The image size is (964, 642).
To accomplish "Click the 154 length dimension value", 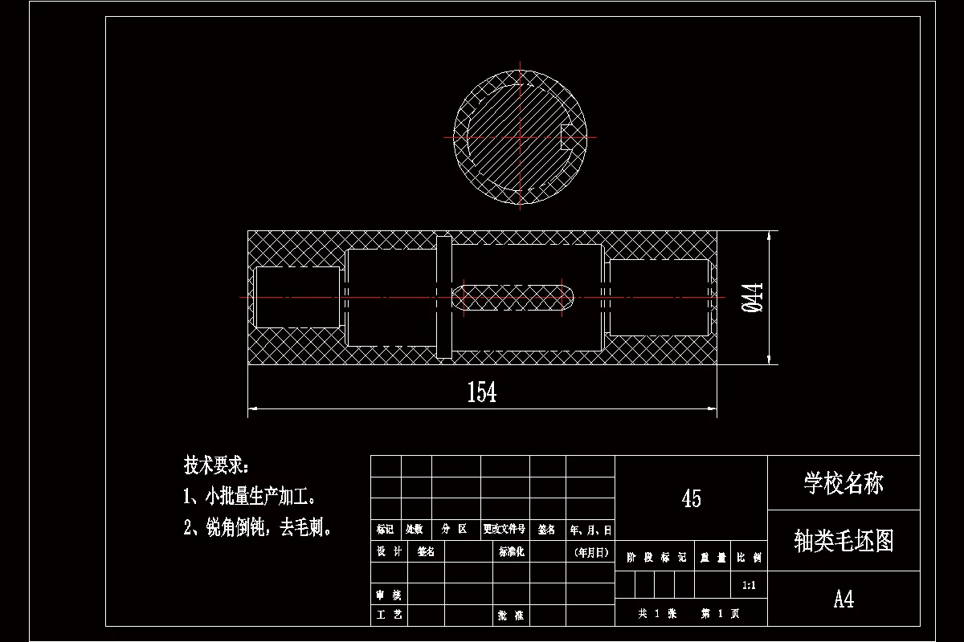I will click(482, 392).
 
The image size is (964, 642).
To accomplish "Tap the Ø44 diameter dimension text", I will click(753, 298).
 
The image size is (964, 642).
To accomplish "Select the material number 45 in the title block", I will click(691, 498).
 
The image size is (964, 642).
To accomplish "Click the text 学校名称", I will click(843, 483).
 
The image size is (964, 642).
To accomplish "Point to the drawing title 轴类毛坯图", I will click(843, 541).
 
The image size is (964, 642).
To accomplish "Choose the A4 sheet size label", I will click(843, 599).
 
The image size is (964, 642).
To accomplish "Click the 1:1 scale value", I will click(750, 585).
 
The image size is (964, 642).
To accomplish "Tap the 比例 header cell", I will click(750, 557).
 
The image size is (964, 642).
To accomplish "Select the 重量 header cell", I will click(713, 557).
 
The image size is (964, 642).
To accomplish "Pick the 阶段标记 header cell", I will click(656, 557).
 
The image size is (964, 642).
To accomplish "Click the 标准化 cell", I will click(511, 552).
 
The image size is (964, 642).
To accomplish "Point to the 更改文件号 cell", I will click(504, 530).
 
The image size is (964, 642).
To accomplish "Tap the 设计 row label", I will click(389, 552).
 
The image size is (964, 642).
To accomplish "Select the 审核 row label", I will click(389, 595).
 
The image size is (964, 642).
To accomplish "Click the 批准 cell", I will click(511, 616).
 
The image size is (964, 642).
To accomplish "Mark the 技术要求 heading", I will click(216, 465).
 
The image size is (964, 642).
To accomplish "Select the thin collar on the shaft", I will click(443, 297).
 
